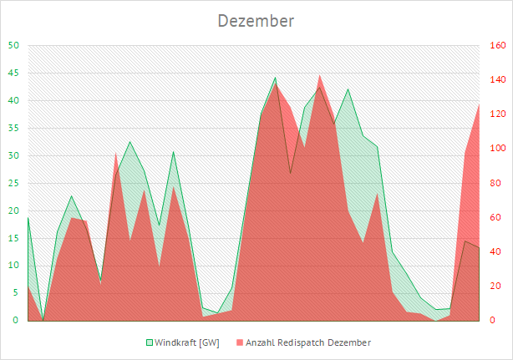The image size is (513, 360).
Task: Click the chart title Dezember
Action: [x=256, y=21]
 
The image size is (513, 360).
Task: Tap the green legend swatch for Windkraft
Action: [x=150, y=342]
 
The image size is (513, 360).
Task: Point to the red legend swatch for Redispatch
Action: [x=240, y=342]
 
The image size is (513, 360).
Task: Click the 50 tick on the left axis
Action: [x=13, y=46]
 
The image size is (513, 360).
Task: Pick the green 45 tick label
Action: [x=13, y=74]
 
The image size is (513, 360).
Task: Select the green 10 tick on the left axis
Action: [x=13, y=266]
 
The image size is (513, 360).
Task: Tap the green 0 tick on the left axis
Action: [x=16, y=320]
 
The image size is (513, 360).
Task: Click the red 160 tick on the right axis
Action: [x=495, y=46]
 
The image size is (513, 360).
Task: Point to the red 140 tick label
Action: [x=495, y=80]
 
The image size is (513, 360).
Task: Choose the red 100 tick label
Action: [x=495, y=149]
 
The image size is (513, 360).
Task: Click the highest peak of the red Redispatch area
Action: [x=320, y=75]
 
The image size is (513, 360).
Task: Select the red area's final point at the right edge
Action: [x=479, y=104]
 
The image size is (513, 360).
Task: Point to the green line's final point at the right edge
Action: [x=479, y=248]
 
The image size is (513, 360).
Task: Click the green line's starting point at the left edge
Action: [x=28, y=218]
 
